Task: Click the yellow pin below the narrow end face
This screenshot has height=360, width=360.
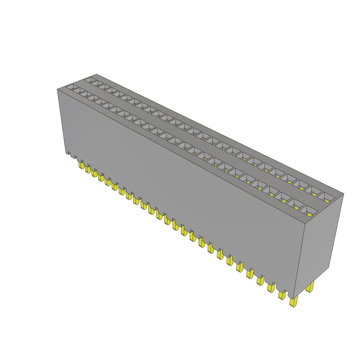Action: point(310,287)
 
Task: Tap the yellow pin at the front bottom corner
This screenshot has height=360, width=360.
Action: point(293,302)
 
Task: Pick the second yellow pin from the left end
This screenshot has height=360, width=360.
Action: point(88,169)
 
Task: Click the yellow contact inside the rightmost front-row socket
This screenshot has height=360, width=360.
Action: point(310,214)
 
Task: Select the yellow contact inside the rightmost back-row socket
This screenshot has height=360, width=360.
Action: point(327,200)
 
